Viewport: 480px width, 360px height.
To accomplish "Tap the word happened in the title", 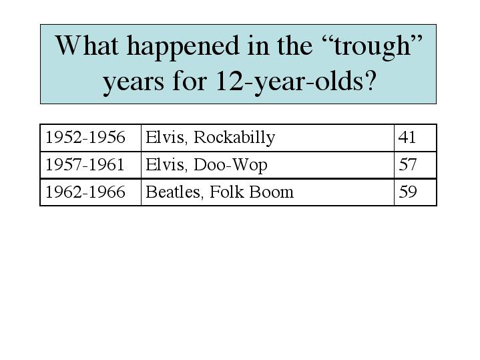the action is click(183, 47).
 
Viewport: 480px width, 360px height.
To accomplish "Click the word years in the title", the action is click(134, 84).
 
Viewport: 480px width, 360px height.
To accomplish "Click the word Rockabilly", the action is click(234, 138).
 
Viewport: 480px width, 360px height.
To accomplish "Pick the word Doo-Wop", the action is click(230, 166).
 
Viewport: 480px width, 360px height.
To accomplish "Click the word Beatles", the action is click(173, 192).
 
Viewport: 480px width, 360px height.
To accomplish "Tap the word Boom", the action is click(272, 192).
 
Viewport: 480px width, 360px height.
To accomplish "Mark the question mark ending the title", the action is click(369, 81).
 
